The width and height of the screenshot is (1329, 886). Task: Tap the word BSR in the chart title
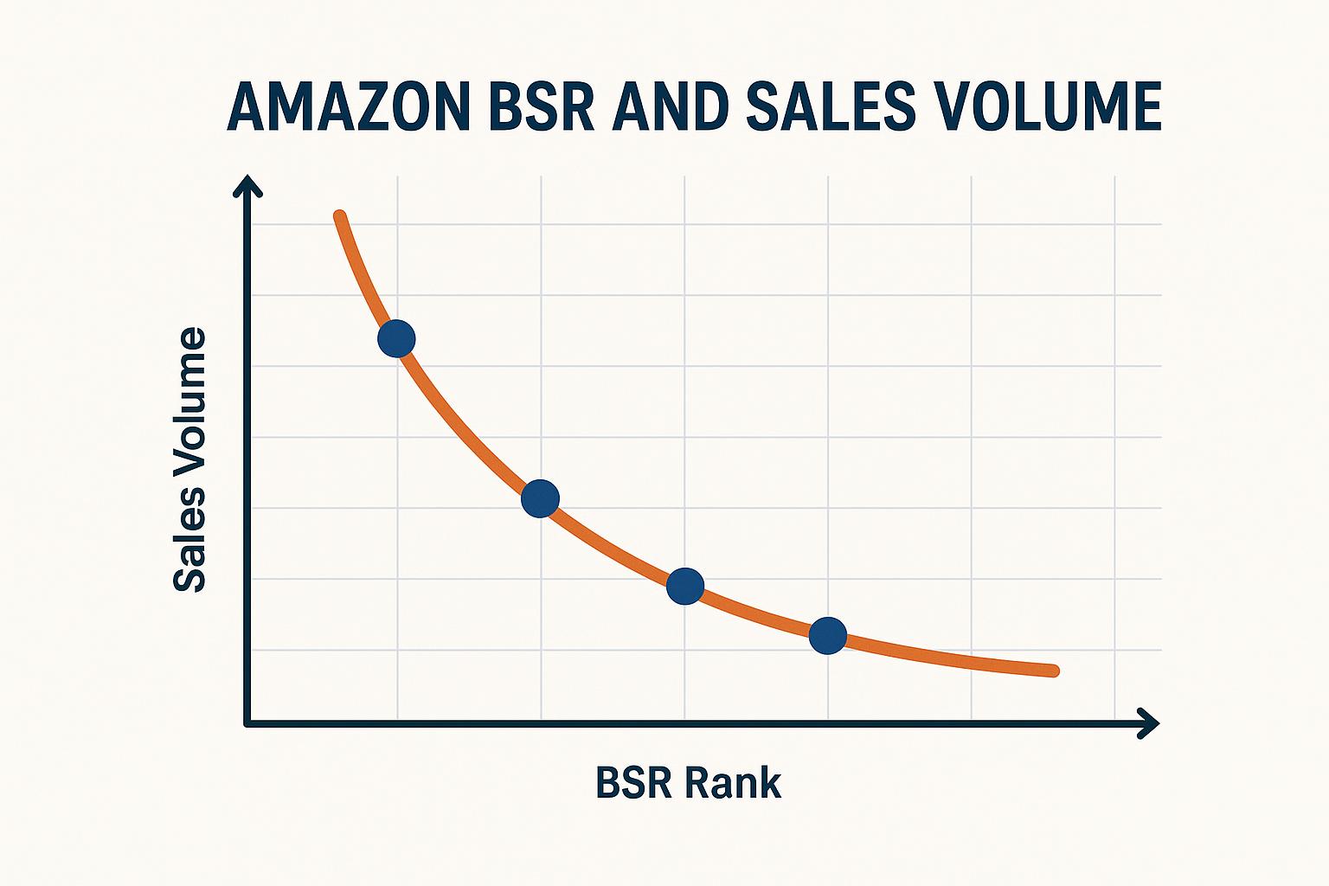[541, 107]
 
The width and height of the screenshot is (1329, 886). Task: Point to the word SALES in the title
[830, 107]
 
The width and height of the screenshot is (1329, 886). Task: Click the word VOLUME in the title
[1048, 107]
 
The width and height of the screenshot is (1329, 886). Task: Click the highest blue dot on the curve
[396, 337]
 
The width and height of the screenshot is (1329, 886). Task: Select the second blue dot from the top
[541, 498]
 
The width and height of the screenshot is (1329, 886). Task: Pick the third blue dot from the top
[685, 587]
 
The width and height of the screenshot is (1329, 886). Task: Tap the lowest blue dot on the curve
[828, 636]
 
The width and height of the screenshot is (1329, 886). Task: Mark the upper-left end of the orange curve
[340, 216]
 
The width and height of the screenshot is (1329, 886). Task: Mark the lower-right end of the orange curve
[1053, 671]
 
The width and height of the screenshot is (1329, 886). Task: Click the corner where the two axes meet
[248, 722]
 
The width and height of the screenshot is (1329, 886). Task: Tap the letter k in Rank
[771, 783]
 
